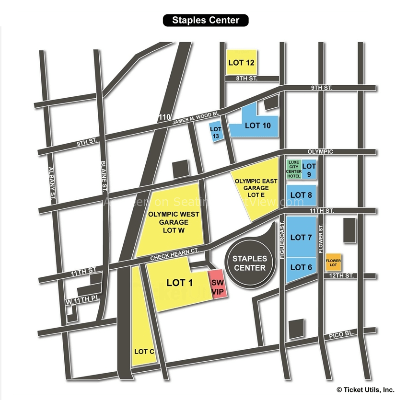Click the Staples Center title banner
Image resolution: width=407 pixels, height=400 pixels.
point(206,20)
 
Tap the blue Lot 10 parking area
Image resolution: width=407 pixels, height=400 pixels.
point(258,126)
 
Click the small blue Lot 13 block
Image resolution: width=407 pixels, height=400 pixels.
point(216,133)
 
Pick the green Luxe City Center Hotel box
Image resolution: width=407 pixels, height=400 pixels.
point(293,169)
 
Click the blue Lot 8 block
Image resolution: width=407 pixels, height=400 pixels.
point(301,195)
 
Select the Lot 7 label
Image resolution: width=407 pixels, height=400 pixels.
point(301,237)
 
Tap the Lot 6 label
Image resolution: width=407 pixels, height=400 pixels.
point(301,267)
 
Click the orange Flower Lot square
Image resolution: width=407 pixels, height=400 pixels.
point(333,262)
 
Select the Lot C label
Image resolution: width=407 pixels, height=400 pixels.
point(144,352)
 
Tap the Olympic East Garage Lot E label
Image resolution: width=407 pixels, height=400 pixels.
point(254,189)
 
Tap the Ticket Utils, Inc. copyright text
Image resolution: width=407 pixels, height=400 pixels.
point(365,390)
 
